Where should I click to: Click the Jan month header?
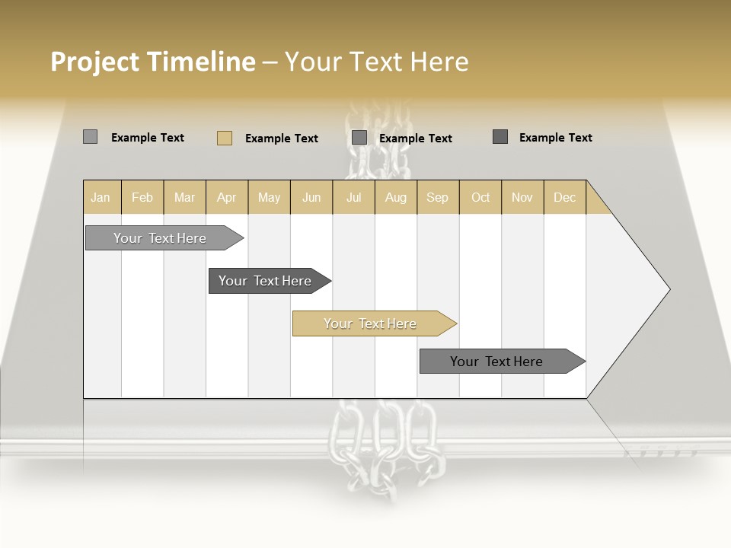coord(101,197)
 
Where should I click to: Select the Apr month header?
coord(227,197)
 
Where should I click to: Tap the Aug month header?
coord(396,197)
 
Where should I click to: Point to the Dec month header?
coord(565,197)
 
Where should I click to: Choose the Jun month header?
coord(311,197)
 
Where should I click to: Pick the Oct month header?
coord(480,197)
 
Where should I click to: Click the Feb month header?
coord(142,197)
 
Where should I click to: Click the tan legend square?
coord(225,138)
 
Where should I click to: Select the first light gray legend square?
coord(91,137)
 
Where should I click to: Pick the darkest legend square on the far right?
coord(500,137)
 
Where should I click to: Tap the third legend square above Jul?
coord(359,138)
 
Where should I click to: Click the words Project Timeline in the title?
coord(152,62)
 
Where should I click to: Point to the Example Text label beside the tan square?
coord(282,139)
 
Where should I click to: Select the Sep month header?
coord(438,197)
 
